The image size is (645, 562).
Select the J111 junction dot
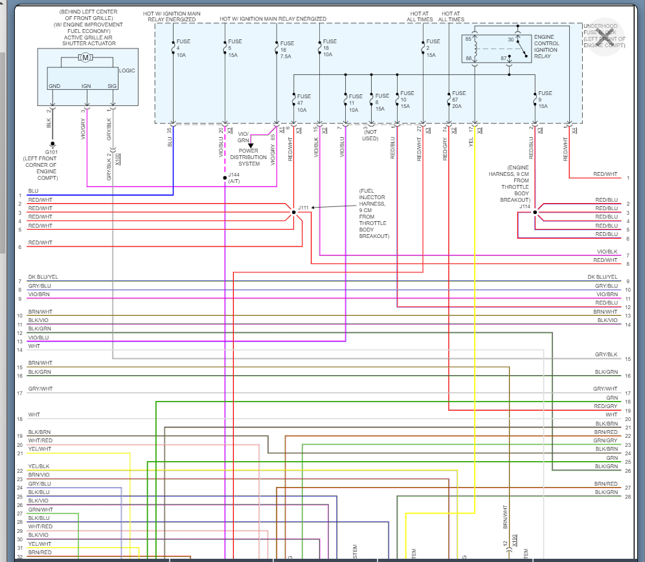tap(293, 211)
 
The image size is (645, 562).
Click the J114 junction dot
tap(535, 211)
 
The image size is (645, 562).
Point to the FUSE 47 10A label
tap(304, 103)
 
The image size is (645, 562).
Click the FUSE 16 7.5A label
tap(287, 49)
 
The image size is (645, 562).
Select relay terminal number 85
tap(468, 39)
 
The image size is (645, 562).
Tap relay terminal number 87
tap(503, 58)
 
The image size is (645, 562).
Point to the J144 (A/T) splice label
tap(234, 178)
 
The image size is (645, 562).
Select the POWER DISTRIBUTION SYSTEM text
tap(248, 157)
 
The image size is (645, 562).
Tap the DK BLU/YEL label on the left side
tap(43, 277)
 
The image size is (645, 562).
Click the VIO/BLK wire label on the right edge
tap(607, 252)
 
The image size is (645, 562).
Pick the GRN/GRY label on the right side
tap(605, 440)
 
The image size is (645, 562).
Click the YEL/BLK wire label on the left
tap(39, 466)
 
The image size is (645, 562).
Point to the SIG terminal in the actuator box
tap(112, 85)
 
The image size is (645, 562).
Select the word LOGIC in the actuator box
tap(127, 70)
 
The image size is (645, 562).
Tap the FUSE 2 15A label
tap(433, 48)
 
